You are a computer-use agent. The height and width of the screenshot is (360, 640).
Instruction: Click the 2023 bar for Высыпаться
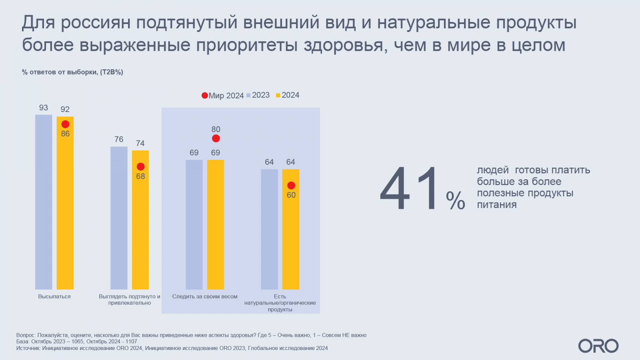coord(44,202)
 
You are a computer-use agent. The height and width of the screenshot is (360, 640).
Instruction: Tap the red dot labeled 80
coord(216,138)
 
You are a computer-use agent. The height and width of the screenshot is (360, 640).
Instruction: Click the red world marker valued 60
coord(291,186)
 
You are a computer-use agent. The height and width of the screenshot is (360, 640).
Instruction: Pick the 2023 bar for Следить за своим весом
coord(194,224)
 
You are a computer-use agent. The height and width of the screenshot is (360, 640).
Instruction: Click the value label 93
coord(44,108)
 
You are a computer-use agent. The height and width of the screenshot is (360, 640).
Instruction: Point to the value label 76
coord(119,139)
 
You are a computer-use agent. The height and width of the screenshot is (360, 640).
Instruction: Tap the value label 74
coord(140,143)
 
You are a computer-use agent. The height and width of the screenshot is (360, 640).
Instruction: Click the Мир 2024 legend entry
coord(223,96)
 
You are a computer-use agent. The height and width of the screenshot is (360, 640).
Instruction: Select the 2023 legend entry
coord(258,95)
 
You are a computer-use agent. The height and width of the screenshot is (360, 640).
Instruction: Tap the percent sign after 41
coord(456,200)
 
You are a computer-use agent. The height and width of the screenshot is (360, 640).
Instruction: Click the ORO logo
coord(598,346)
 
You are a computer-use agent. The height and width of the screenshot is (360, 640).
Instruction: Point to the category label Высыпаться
coord(54,296)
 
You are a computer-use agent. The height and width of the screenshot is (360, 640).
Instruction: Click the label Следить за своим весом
coord(205,296)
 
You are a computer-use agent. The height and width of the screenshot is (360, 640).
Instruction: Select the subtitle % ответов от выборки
coord(72,72)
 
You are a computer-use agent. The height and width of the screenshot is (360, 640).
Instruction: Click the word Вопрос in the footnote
coord(26,335)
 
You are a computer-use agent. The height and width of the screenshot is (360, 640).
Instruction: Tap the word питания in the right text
coord(497,205)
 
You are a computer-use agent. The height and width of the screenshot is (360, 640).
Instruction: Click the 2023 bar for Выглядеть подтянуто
coord(119,218)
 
